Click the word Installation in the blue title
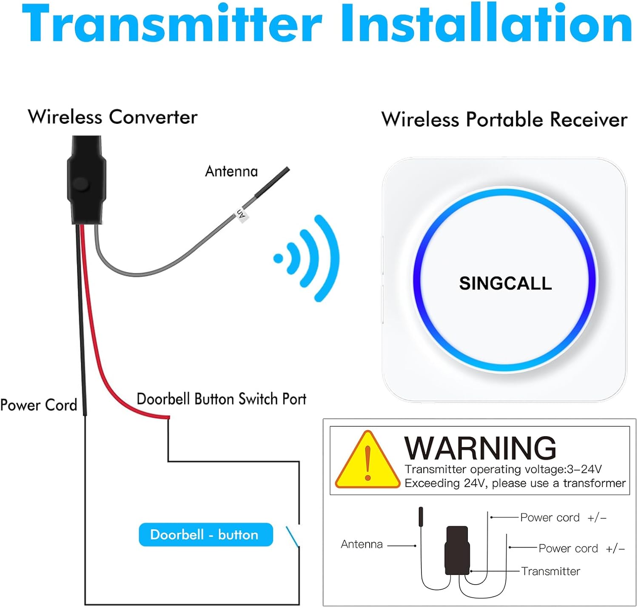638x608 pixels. pos(486,25)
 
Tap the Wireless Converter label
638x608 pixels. pos(113,117)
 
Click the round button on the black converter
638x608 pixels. pos(80,184)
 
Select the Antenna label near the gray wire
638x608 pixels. pos(231,171)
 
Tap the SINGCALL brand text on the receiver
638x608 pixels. pos(505,283)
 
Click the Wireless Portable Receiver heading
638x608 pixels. pos(504,120)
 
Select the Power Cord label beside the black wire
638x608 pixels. pos(39,405)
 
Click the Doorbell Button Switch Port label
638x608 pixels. pos(221,399)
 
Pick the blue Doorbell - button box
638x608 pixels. pos(205,534)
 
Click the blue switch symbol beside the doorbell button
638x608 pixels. pos(293,537)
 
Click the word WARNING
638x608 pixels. pos(480,448)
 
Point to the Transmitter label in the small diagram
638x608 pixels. pos(550,571)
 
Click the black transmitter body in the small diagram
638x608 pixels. pos(457,550)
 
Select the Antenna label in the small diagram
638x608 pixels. pos(362,544)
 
